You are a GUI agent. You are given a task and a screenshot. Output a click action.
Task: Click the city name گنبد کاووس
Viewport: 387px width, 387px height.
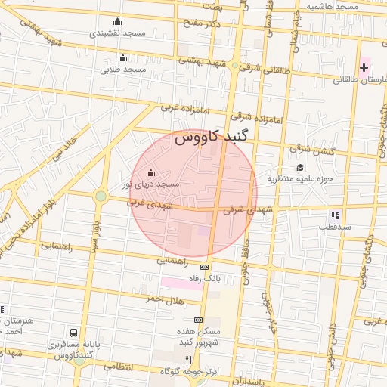(215, 138)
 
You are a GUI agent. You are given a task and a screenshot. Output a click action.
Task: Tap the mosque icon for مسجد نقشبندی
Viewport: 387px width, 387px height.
(116, 21)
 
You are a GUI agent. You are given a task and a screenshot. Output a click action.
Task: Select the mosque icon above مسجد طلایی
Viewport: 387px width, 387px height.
(123, 57)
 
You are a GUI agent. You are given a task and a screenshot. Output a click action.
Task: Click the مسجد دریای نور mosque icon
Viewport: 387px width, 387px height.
(150, 172)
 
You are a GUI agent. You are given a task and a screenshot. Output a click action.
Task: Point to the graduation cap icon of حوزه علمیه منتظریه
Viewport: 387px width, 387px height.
(300, 167)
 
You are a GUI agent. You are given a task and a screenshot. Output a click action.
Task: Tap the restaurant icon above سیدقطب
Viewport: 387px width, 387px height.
(334, 215)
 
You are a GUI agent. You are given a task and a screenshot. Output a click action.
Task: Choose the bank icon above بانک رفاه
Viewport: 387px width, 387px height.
(204, 267)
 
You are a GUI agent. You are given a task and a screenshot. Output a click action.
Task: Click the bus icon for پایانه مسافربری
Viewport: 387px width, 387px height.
(73, 333)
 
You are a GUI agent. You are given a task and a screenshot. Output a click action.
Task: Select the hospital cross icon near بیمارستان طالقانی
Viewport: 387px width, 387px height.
(364, 68)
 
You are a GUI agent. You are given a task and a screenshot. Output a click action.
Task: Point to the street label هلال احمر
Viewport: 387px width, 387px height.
(166, 299)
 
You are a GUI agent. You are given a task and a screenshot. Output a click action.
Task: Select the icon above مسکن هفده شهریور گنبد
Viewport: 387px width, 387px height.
(198, 320)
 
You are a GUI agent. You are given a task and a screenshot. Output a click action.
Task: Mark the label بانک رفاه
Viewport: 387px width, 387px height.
(205, 278)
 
